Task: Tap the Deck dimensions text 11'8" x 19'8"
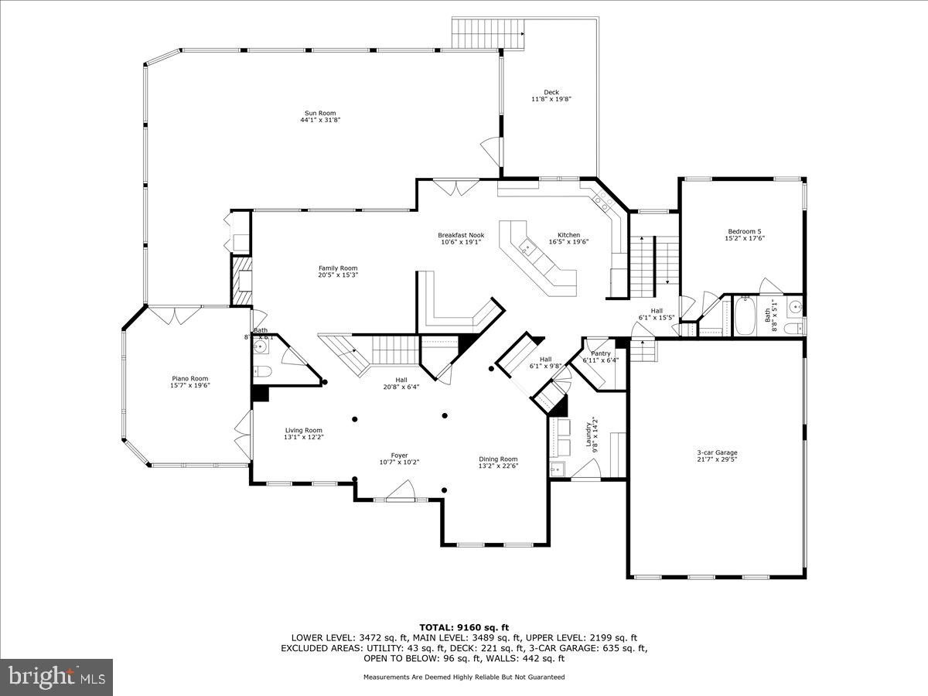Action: tap(551, 99)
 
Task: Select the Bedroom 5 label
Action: tap(744, 231)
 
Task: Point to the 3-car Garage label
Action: tap(715, 452)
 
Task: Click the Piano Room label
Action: tap(190, 379)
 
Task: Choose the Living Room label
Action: tap(303, 431)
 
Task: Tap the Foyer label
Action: tap(399, 455)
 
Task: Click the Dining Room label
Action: tap(498, 459)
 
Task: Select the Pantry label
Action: tap(601, 353)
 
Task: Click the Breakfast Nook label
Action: tap(461, 235)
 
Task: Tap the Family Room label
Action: tap(338, 268)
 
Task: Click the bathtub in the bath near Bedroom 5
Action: tap(745, 317)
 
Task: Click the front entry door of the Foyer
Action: tap(401, 490)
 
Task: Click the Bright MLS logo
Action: tap(56, 677)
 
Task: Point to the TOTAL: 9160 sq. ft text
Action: tap(464, 627)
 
